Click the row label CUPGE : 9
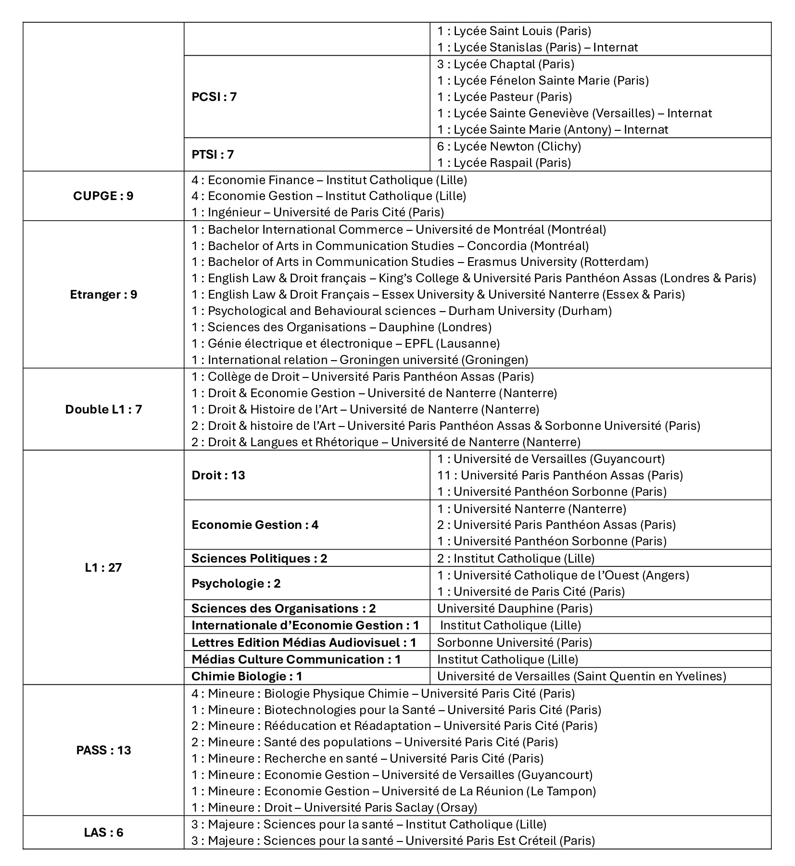(x=103, y=196)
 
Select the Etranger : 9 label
(x=103, y=295)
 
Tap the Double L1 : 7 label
(x=103, y=410)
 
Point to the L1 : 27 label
(x=103, y=567)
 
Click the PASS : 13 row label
(x=103, y=750)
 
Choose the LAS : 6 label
(x=103, y=832)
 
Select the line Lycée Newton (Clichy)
(x=509, y=146)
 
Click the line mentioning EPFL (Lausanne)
(x=346, y=344)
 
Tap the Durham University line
(x=402, y=311)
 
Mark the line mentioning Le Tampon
(x=393, y=791)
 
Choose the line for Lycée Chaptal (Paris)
(x=505, y=64)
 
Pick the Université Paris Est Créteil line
(x=393, y=841)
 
